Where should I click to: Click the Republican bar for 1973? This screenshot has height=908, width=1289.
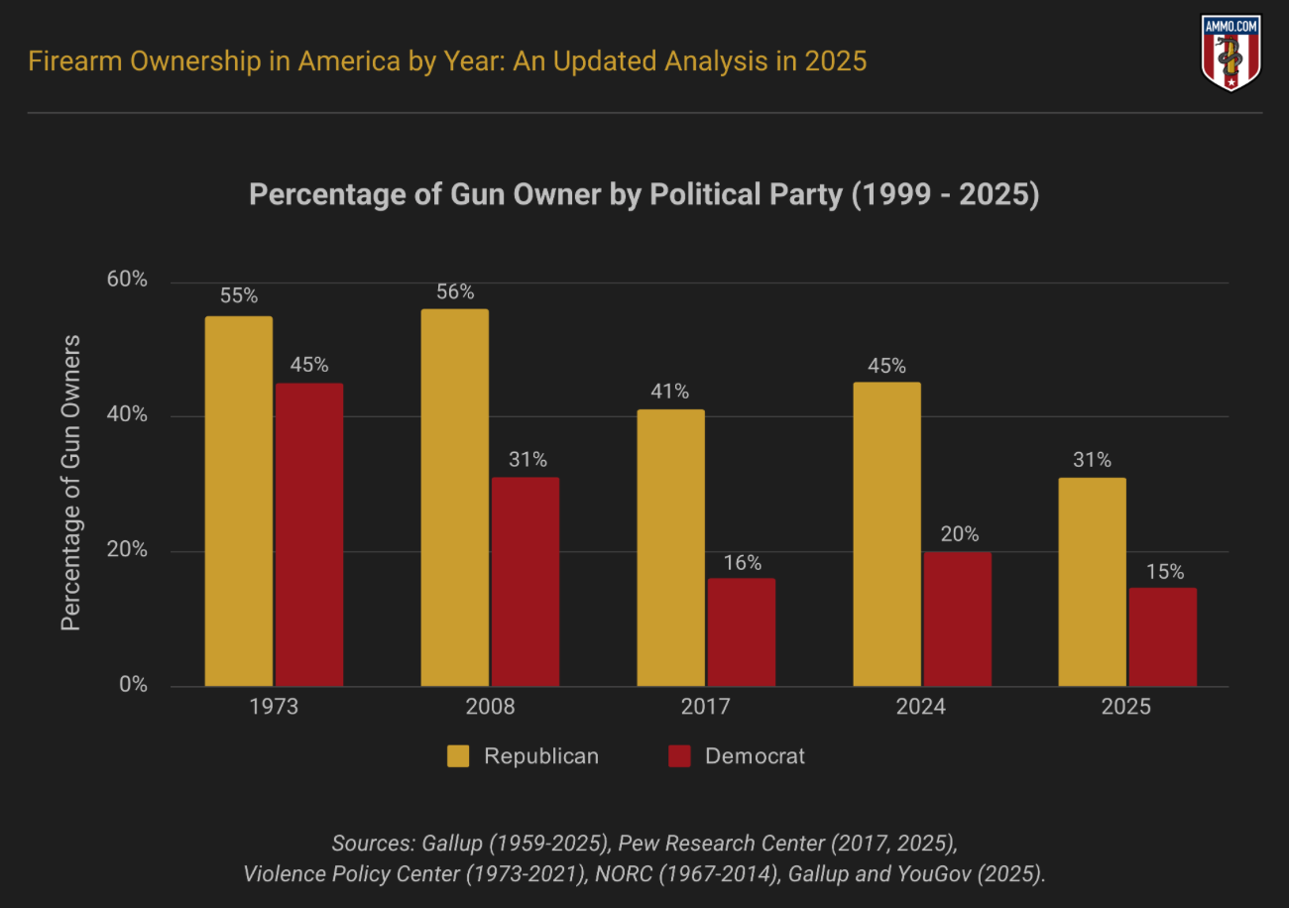click(x=238, y=501)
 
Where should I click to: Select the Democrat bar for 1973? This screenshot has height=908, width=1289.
click(x=309, y=534)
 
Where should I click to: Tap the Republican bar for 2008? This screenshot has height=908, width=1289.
click(x=454, y=498)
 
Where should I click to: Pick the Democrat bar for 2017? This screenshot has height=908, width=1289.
click(x=742, y=631)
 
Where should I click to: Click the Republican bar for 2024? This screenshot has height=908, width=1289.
click(x=886, y=534)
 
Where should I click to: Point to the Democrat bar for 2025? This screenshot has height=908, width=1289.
click(x=1162, y=636)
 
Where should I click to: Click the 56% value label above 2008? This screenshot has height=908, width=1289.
click(x=454, y=292)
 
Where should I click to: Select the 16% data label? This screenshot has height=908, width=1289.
click(x=742, y=563)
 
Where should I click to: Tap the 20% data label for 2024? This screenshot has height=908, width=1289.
click(x=958, y=535)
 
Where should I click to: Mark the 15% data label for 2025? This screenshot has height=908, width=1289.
click(x=1163, y=572)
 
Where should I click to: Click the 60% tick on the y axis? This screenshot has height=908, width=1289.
click(x=127, y=281)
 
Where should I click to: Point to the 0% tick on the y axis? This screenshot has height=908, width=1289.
click(x=133, y=685)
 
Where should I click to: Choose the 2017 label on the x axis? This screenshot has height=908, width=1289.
click(x=705, y=708)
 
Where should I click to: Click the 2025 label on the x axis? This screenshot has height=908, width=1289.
click(x=1126, y=708)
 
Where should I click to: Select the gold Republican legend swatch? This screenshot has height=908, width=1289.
click(x=458, y=756)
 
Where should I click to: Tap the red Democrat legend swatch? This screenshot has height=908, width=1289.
click(x=679, y=756)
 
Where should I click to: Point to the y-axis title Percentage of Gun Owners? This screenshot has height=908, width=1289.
click(x=70, y=483)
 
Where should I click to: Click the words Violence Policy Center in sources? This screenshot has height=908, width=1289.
click(x=350, y=873)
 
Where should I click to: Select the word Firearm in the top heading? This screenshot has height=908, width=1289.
click(x=69, y=61)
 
